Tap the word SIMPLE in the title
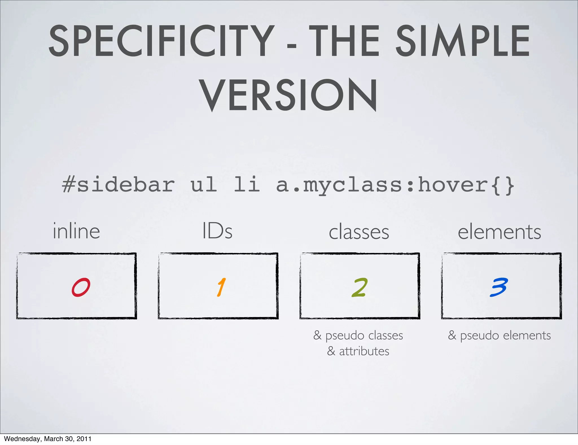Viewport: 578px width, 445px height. point(463,41)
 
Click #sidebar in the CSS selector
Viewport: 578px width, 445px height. point(118,185)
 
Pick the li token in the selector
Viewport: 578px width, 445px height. point(247,185)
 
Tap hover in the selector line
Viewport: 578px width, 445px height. point(453,185)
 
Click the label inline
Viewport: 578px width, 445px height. point(76,231)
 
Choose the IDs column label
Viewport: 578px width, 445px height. point(218,231)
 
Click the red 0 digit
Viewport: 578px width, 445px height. point(81,287)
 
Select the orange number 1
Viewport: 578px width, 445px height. point(221,287)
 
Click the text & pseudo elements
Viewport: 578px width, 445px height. point(499,335)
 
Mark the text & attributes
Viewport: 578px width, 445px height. point(358,351)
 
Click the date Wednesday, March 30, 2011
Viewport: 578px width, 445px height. point(48,439)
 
